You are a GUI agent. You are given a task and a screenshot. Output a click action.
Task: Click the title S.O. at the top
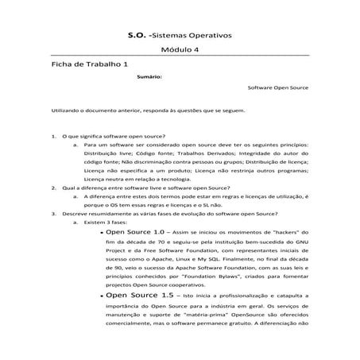137,36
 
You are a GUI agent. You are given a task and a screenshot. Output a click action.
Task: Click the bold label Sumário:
149,77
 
